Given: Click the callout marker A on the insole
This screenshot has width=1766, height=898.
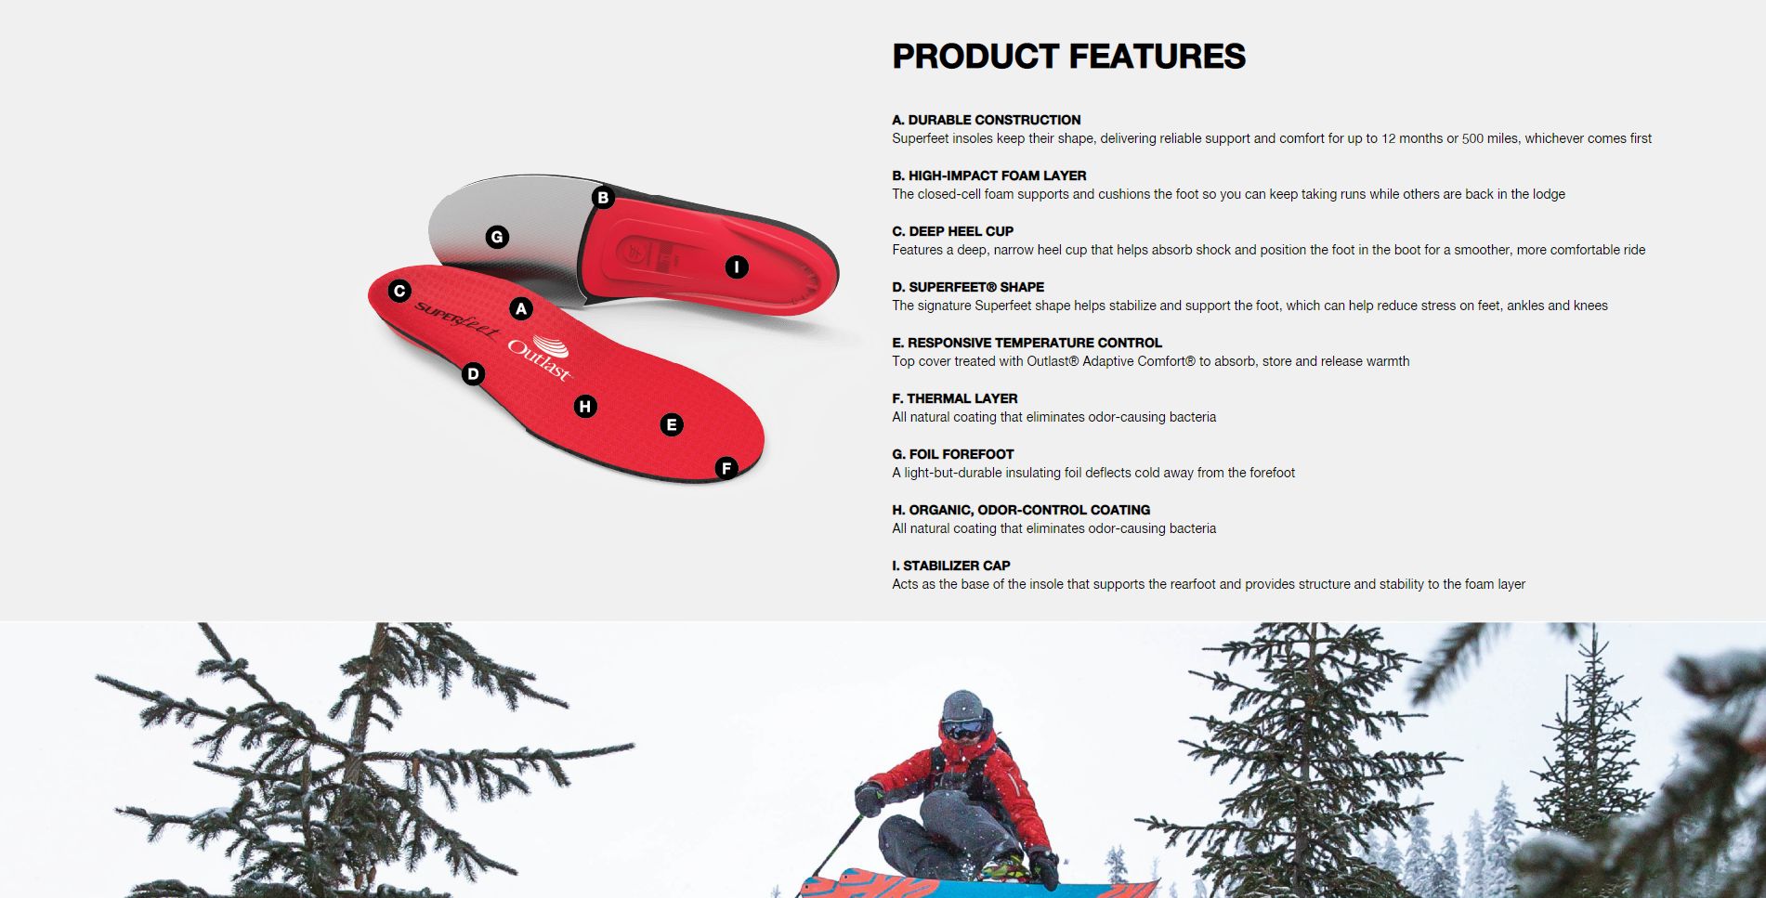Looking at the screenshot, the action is click(521, 308).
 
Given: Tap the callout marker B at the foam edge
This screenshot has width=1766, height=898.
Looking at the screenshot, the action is click(603, 197).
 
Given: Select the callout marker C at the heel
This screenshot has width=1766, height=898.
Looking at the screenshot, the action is click(399, 291).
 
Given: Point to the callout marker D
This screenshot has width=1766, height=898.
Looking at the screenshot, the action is click(473, 374).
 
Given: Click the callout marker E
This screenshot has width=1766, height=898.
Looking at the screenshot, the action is click(672, 424).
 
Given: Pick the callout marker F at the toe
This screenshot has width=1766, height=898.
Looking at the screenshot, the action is click(726, 468).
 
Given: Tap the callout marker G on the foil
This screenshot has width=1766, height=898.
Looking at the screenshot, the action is click(497, 237).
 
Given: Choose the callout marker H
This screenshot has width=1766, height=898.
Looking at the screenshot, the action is click(584, 406).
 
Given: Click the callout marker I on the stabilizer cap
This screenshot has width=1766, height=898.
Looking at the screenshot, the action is click(736, 267).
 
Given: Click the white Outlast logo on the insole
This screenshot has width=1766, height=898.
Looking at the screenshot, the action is click(540, 358).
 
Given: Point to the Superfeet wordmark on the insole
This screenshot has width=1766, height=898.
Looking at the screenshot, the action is click(456, 320).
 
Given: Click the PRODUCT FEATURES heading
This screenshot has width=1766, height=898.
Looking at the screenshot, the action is click(1068, 57).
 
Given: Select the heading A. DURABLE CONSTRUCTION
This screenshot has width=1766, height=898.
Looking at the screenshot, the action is click(986, 120).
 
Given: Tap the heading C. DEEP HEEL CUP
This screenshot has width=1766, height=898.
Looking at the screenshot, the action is click(952, 231).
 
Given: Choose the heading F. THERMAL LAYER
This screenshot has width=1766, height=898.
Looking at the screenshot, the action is click(954, 398).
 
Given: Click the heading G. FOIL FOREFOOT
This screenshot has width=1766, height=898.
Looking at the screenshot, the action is click(952, 454).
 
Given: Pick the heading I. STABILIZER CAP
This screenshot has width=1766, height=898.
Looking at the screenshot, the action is click(950, 566).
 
